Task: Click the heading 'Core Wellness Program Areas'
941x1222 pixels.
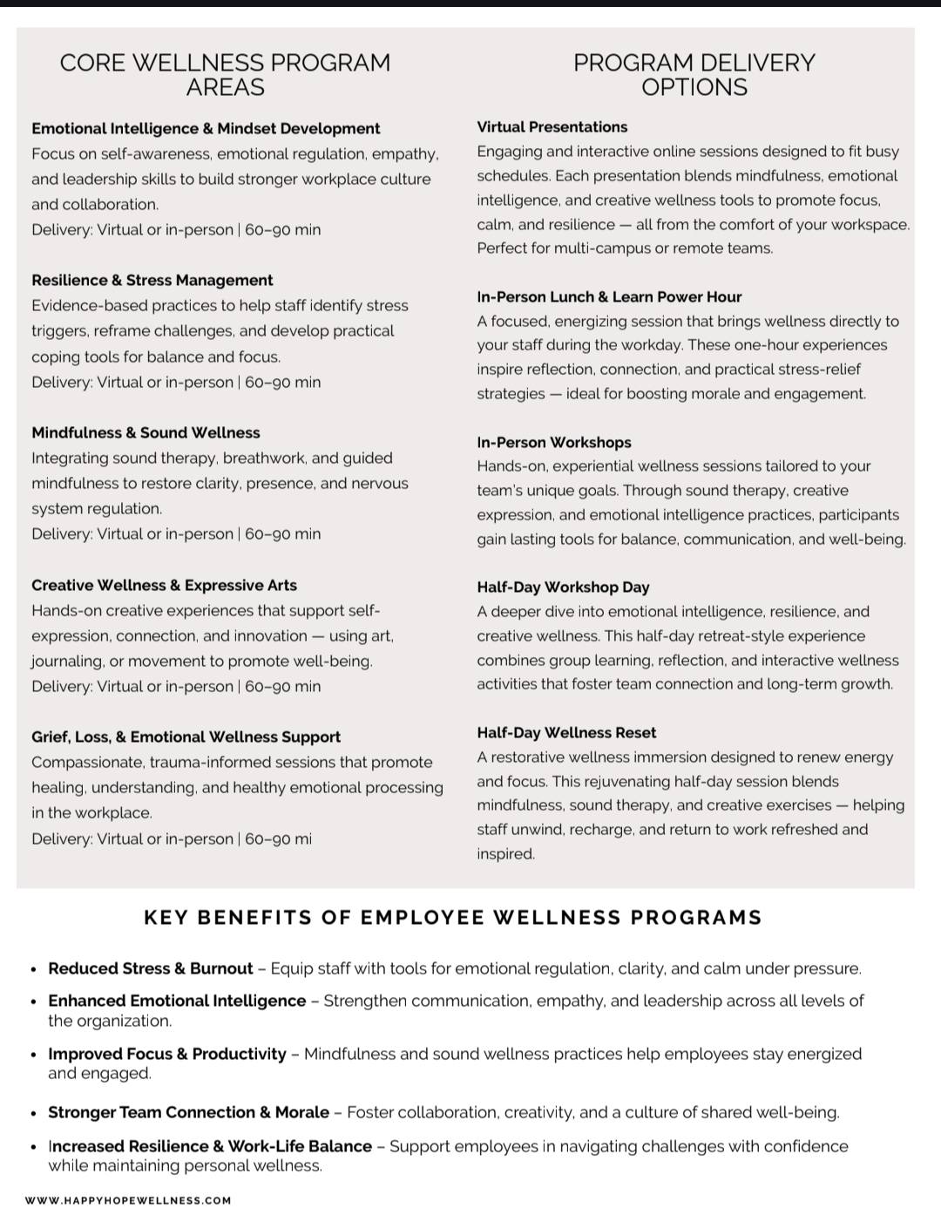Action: pyautogui.click(x=225, y=75)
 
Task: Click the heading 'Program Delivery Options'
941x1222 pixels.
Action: pyautogui.click(x=694, y=75)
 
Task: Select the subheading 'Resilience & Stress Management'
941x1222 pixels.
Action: pyautogui.click(x=152, y=281)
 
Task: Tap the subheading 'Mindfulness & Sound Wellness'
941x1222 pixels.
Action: pyautogui.click(x=146, y=433)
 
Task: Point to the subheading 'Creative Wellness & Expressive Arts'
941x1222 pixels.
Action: pyautogui.click(x=164, y=586)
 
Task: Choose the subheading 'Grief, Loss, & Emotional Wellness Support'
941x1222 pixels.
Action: pyautogui.click(x=186, y=737)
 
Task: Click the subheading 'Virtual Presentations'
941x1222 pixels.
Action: pyautogui.click(x=552, y=127)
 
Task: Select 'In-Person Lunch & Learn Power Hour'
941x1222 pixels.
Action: pyautogui.click(x=609, y=297)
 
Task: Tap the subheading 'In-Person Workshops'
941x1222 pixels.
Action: pyautogui.click(x=553, y=443)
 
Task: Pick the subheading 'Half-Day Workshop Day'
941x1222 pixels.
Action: pyautogui.click(x=563, y=587)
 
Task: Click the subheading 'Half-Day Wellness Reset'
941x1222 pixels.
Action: pyautogui.click(x=566, y=733)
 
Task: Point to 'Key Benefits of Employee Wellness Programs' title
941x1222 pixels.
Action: pyautogui.click(x=453, y=918)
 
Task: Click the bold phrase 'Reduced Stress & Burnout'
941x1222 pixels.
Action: pyautogui.click(x=151, y=969)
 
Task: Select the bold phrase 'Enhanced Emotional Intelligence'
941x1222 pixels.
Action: pyautogui.click(x=177, y=1001)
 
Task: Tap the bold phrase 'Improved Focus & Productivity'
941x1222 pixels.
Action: pyautogui.click(x=167, y=1055)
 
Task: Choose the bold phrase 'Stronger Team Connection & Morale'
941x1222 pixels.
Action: pyautogui.click(x=188, y=1113)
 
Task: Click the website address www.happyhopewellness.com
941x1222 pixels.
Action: pyautogui.click(x=128, y=1201)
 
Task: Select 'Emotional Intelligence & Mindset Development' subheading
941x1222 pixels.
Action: pyautogui.click(x=206, y=129)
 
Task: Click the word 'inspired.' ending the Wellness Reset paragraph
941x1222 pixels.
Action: pyautogui.click(x=505, y=854)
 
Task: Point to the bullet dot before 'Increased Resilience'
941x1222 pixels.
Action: pyautogui.click(x=33, y=1147)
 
